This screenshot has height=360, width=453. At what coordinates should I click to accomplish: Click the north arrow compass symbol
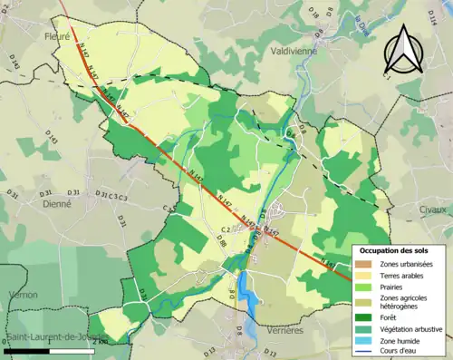401,49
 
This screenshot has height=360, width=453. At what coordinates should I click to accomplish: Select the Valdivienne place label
292,52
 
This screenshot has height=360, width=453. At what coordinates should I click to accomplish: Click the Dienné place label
56,205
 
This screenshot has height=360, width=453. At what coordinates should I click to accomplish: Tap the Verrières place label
285,331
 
